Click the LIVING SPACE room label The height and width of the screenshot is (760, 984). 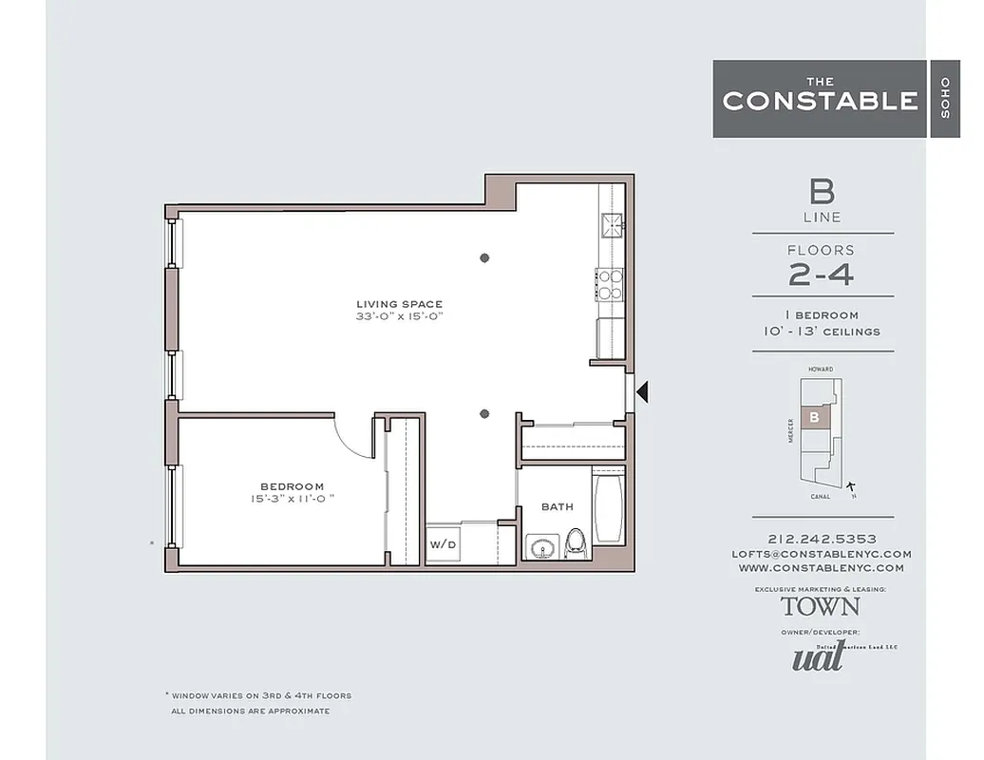pos(399,304)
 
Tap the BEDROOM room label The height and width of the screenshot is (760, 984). pos(292,486)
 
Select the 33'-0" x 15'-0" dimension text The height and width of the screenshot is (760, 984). pos(399,317)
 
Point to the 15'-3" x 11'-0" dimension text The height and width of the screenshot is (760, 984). pos(292,499)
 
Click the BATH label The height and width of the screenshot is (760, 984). pos(557,506)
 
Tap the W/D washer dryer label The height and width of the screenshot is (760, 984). pos(443,545)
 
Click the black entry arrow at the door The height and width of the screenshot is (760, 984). pos(643,390)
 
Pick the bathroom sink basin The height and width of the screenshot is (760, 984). pos(542,548)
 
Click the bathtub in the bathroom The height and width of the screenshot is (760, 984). pos(608,507)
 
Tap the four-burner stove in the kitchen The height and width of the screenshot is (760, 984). pos(610,282)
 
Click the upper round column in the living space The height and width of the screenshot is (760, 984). pos(484,257)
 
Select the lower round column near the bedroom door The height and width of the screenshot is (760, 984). pos(484,413)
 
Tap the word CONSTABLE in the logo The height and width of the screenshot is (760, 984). pos(820,101)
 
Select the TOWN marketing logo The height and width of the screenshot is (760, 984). pos(821,605)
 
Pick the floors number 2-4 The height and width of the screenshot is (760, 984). pos(822,275)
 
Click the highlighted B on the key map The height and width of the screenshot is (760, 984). pos(814,417)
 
